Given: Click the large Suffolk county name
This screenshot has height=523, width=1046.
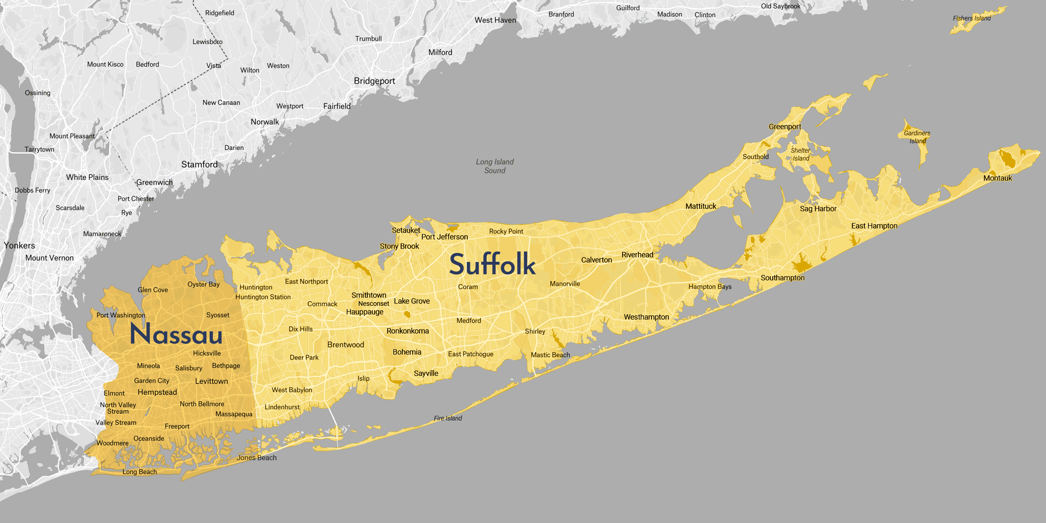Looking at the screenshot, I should click(492, 264).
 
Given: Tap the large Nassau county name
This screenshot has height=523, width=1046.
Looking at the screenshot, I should click(176, 335).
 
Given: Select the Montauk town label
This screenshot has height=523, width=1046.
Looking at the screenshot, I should click(997, 178).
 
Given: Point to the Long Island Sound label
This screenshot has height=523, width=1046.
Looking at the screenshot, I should click(495, 166).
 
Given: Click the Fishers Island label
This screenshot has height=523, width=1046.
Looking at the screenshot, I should click(972, 19).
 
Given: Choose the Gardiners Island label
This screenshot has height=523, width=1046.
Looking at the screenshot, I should click(917, 137).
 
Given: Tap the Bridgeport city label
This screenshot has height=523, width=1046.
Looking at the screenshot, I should click(374, 81).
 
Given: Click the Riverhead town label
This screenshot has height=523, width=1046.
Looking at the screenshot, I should click(637, 255).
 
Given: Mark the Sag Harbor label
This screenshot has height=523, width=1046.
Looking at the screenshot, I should click(818, 209).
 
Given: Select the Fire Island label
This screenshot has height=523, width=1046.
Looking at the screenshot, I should click(448, 418).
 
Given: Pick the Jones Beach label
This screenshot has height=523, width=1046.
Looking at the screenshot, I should click(257, 458).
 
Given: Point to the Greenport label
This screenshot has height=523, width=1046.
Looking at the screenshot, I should click(785, 127).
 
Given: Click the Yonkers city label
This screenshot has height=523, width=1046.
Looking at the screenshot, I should click(20, 245).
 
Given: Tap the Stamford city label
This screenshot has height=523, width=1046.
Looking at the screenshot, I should click(199, 165).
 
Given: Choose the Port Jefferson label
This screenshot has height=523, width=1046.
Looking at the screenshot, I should click(444, 237).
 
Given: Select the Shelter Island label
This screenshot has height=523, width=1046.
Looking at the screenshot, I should click(801, 154).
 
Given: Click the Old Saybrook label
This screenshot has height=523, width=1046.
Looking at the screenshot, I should click(780, 6).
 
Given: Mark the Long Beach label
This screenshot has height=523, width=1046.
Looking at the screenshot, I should click(140, 472).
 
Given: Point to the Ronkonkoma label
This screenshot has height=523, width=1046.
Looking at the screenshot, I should click(408, 331).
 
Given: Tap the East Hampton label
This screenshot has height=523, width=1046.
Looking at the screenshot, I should click(874, 226).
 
